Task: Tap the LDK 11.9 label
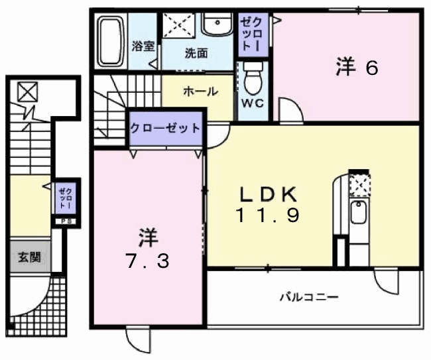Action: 269,204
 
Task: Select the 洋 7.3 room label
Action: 148,249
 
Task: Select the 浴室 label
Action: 143,46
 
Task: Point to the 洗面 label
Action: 197,52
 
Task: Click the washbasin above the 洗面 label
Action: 217,27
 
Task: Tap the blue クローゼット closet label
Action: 165,128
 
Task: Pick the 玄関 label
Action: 29,256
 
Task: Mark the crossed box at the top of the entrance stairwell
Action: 28,92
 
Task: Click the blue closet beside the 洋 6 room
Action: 254,35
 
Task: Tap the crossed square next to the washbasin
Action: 179,27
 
